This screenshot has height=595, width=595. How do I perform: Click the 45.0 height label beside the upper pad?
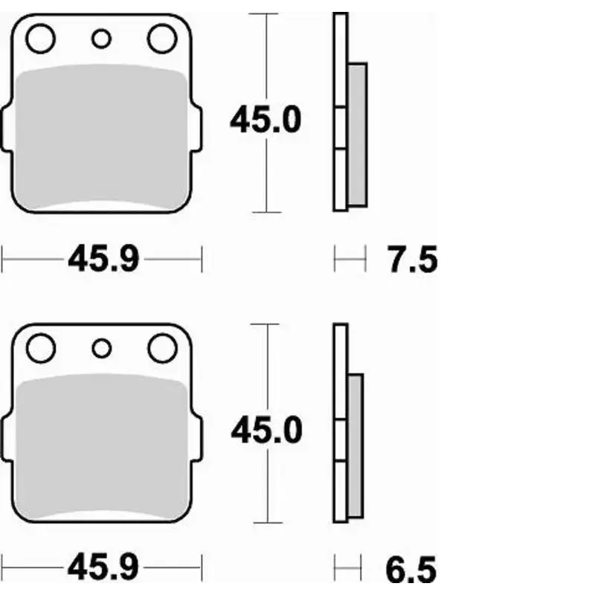[266, 120]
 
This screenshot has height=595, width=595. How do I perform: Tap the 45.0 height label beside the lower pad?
[266, 430]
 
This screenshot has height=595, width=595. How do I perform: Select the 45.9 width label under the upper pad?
[103, 258]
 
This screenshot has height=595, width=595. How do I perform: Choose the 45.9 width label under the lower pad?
[103, 567]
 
